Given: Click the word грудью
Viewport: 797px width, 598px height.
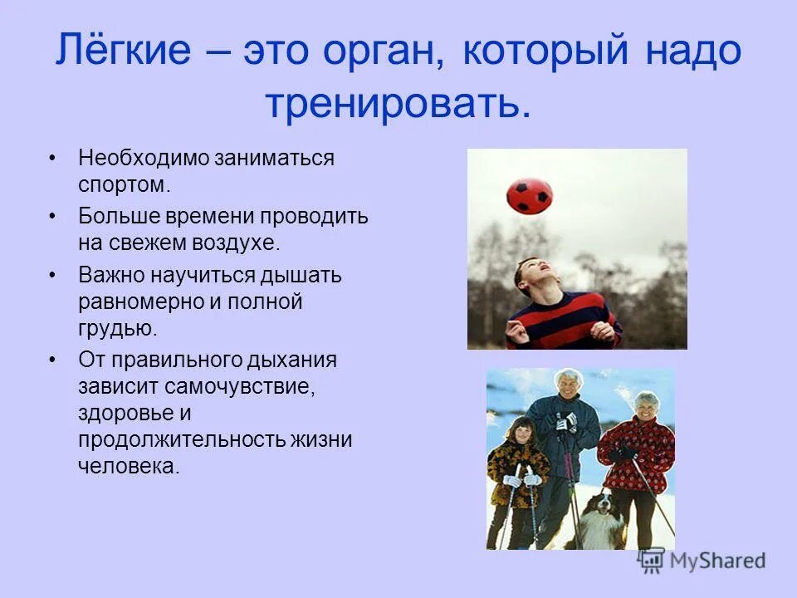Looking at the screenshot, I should [x=117, y=329].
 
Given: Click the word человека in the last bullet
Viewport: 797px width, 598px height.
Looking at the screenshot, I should [x=128, y=466].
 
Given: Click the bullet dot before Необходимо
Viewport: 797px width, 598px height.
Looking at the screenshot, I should [x=53, y=158].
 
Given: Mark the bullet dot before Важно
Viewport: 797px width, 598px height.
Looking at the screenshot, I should [x=53, y=275].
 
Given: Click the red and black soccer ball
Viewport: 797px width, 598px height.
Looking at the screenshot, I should [x=529, y=194].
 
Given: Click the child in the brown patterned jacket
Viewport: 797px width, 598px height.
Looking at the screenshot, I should [x=516, y=473].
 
